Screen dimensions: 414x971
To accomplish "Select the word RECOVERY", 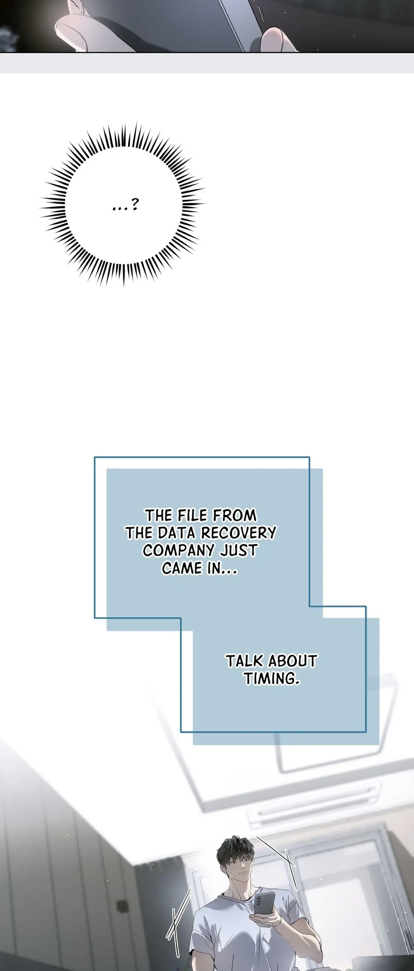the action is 239,533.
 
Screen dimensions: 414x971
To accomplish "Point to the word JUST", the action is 238,550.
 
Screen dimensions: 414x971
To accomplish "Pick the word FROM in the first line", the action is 234,515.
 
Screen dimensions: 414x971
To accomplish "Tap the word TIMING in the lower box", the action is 271,679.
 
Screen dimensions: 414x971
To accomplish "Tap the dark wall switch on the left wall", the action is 121,906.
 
